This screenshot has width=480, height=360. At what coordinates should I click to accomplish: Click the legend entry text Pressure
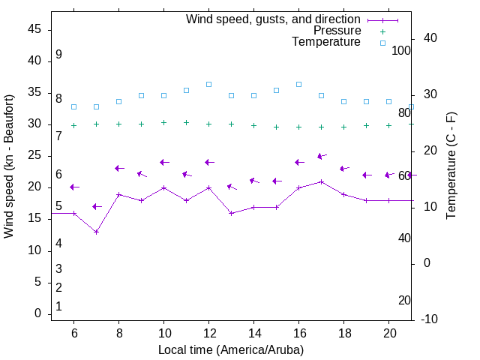pyautogui.click(x=337, y=31)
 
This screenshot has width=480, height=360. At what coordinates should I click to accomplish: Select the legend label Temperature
pyautogui.click(x=326, y=42)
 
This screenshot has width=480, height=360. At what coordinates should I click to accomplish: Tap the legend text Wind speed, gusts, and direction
pyautogui.click(x=274, y=19)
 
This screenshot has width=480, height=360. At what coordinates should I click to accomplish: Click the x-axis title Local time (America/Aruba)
pyautogui.click(x=231, y=349)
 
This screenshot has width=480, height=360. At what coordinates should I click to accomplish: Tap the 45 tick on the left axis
pyautogui.click(x=34, y=29)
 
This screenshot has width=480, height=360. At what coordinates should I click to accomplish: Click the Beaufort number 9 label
pyautogui.click(x=58, y=55)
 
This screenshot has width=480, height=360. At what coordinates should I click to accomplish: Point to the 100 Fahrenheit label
pyautogui.click(x=401, y=50)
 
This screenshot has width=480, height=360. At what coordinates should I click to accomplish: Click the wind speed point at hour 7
pyautogui.click(x=96, y=232)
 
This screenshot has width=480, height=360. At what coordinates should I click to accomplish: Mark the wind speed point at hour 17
pyautogui.click(x=321, y=181)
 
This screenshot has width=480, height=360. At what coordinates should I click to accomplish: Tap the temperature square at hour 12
pyautogui.click(x=208, y=84)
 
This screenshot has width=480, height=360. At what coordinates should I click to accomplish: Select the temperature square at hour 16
pyautogui.click(x=298, y=84)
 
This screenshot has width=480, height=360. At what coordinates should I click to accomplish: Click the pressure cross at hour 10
pyautogui.click(x=163, y=122)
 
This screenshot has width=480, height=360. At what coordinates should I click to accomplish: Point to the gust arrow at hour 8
pyautogui.click(x=118, y=169)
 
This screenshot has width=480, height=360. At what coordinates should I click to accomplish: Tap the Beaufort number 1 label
pyautogui.click(x=58, y=306)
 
